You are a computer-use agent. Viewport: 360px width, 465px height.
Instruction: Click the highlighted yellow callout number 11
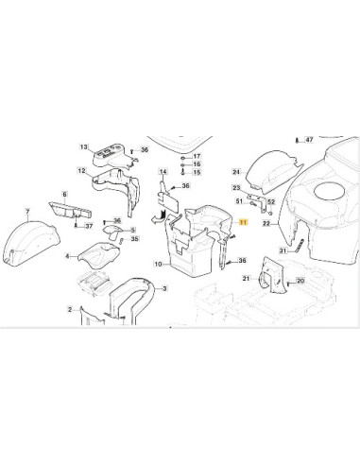[243, 223]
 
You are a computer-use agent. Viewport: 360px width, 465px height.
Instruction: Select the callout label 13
[83, 146]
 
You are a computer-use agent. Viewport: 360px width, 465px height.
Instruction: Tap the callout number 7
[27, 211]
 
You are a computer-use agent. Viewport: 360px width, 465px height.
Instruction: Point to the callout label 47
[310, 140]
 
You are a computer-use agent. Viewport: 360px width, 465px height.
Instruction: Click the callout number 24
[236, 172]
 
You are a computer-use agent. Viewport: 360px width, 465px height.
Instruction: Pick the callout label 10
[158, 264]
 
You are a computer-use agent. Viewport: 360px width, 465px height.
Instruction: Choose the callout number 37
[89, 226]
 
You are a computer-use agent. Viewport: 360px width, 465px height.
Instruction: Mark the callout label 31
[283, 250]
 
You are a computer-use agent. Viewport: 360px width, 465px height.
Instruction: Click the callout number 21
[247, 278]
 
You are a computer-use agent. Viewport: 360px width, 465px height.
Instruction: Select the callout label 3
[164, 288]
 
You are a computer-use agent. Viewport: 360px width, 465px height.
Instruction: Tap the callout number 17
[197, 156]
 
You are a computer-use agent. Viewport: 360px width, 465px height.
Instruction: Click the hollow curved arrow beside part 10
[158, 216]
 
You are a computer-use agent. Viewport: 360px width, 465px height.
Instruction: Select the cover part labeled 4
[99, 253]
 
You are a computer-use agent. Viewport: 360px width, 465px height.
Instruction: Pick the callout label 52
[271, 202]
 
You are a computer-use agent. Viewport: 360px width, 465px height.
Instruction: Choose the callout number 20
[300, 281]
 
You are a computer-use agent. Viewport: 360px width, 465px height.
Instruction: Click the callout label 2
[70, 310]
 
